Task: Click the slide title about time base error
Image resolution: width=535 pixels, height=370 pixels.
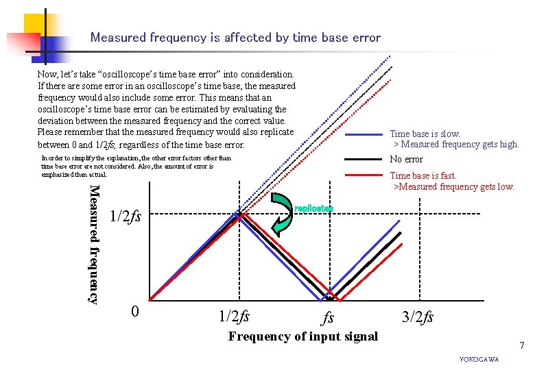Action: click(235, 38)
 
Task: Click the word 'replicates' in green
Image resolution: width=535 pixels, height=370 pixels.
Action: click(313, 208)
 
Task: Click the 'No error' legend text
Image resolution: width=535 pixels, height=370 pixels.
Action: click(406, 159)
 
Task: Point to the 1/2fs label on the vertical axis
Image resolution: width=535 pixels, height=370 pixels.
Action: click(126, 217)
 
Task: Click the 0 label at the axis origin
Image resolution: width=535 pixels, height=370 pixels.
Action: click(135, 312)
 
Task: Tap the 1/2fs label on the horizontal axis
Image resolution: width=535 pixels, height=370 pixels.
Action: click(234, 317)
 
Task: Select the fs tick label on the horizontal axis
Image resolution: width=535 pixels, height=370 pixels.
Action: click(329, 319)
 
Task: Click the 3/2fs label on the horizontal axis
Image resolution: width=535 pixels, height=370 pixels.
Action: click(418, 317)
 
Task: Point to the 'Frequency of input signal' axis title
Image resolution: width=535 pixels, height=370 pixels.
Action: click(302, 336)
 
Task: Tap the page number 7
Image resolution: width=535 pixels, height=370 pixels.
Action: click(522, 344)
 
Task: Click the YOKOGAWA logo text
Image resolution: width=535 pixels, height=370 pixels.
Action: click(479, 360)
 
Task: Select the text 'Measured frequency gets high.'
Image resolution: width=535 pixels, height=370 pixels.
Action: click(460, 144)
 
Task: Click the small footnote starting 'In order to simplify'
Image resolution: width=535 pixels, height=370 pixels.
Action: click(127, 166)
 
